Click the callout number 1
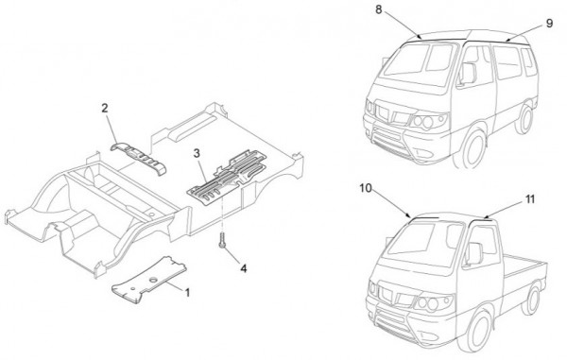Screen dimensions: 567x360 pos(187,292)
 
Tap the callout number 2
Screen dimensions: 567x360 pos(105,108)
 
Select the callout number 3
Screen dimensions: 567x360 pos(197,153)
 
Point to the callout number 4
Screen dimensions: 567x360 pos(244,268)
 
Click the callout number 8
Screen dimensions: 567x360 pos(379,9)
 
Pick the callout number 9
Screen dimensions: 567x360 pos(549,24)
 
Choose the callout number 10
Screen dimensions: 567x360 pos(366,188)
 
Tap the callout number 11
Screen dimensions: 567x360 pos(530,199)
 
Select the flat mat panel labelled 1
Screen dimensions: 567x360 pos(148,280)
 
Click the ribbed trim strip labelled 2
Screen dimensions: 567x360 pos(138,158)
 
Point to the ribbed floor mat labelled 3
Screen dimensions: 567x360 pos(227,177)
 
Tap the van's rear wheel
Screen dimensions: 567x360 pos(525,118)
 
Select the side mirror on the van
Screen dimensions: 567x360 pos(468,74)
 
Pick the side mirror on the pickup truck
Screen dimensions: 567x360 pos(474,254)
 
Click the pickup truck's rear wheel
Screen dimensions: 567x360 pos(531,299)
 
